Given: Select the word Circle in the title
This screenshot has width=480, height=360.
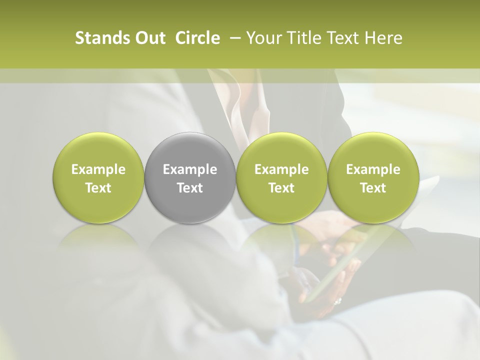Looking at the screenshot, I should pyautogui.click(x=197, y=38).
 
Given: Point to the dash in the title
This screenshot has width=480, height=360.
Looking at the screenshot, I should pyautogui.click(x=233, y=38).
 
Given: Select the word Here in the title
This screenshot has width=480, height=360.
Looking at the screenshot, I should pyautogui.click(x=383, y=38).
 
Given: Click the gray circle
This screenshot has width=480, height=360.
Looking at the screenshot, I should pyautogui.click(x=190, y=177).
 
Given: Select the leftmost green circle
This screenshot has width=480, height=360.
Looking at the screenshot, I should pyautogui.click(x=98, y=177).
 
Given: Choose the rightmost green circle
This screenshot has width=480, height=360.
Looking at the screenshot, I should pyautogui.click(x=373, y=177).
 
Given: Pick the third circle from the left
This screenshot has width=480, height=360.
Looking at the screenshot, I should pyautogui.click(x=281, y=177).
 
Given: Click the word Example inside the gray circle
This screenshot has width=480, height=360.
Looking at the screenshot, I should pyautogui.click(x=190, y=169).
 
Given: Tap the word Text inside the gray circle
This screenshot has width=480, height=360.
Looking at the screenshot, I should pyautogui.click(x=190, y=188).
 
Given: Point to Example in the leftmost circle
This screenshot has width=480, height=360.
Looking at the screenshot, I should pyautogui.click(x=98, y=169).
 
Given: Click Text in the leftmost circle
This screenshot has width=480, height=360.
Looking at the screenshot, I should pyautogui.click(x=98, y=188).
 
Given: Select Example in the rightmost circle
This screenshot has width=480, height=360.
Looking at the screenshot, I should pyautogui.click(x=373, y=169).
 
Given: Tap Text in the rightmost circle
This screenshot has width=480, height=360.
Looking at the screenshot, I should pyautogui.click(x=373, y=188).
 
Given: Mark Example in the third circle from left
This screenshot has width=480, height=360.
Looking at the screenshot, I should pyautogui.click(x=281, y=169).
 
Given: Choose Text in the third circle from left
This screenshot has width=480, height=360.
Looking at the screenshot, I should pyautogui.click(x=281, y=188).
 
